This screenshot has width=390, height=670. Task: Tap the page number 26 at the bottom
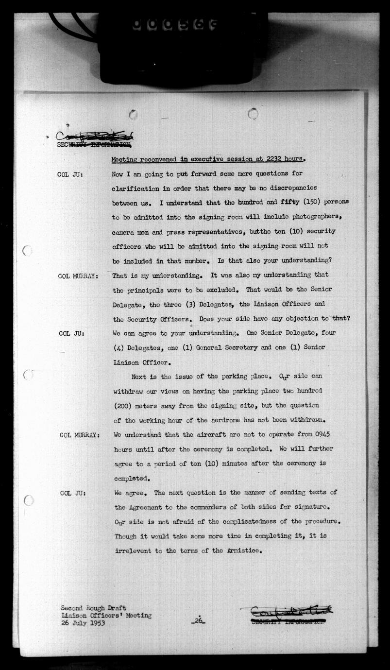tap(198, 620)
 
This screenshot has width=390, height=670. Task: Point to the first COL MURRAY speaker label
tap(78, 276)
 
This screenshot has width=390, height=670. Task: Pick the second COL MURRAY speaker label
tap(80, 435)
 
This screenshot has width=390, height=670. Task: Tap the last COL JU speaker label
tap(73, 493)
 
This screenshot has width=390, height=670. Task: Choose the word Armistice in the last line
tap(244, 551)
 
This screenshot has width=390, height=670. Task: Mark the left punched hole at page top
tap(133, 115)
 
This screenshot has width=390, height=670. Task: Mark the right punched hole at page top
tap(253, 114)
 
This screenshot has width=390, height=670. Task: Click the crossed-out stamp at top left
tap(94, 139)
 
